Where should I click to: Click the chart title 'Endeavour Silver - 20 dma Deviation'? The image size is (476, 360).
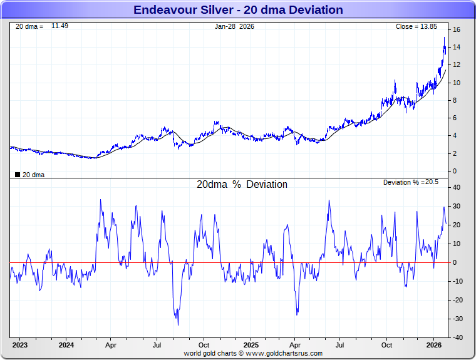[238, 10]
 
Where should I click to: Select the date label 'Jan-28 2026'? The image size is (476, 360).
[234, 26]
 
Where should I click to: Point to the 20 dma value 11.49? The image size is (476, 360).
[59, 26]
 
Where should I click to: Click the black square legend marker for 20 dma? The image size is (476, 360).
[17, 175]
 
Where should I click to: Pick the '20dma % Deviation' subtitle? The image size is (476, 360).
[242, 185]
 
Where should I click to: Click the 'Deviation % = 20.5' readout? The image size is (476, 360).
[411, 182]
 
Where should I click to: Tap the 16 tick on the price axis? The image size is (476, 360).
[457, 29]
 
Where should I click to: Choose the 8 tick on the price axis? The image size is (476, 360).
[456, 100]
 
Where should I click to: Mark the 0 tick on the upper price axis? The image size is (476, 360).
[456, 171]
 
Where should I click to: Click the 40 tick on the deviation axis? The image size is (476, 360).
[457, 187]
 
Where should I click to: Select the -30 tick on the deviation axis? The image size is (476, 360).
[457, 319]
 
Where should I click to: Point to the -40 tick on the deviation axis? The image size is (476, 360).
[457, 337]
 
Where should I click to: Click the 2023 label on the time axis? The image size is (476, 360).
[20, 345]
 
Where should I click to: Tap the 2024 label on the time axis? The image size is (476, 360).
[66, 345]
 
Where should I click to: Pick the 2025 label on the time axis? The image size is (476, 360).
[251, 345]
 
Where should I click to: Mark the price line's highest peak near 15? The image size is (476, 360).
[445, 38]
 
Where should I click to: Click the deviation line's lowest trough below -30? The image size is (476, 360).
[178, 324]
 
